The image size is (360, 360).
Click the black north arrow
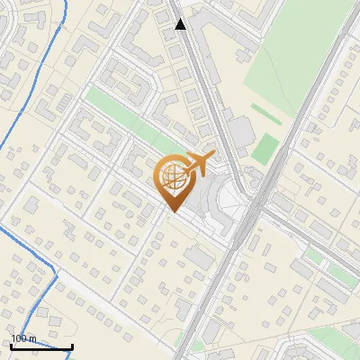[181, 24]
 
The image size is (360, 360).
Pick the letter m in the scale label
[33, 338]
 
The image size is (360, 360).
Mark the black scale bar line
[41, 346]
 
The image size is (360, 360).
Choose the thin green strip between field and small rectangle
[265, 114]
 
